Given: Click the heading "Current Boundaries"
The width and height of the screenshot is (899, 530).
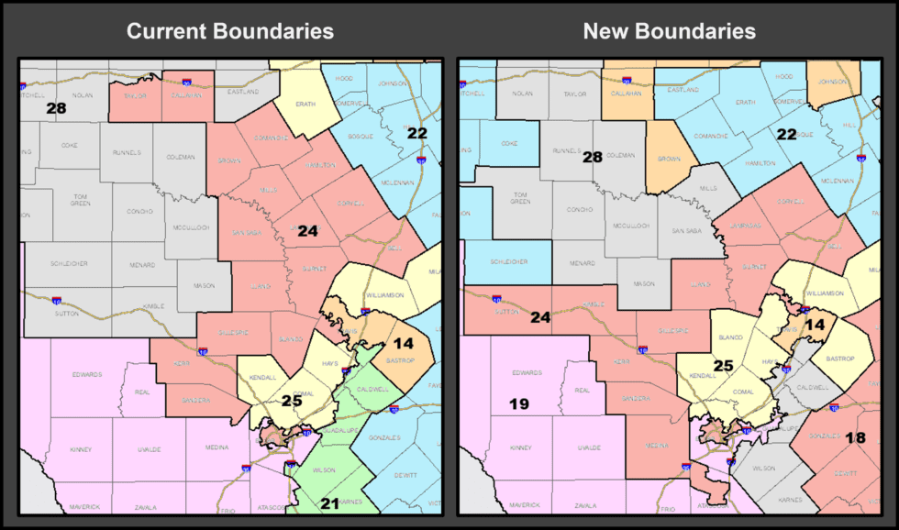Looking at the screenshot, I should [x=229, y=31].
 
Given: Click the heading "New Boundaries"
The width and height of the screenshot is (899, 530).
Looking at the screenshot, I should [x=669, y=31].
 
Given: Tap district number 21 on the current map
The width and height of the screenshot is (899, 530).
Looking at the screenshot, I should [x=330, y=503].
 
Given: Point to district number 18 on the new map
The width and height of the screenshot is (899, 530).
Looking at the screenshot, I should [x=855, y=437].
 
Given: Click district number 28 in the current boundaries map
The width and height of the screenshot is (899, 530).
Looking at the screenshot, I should [x=57, y=108].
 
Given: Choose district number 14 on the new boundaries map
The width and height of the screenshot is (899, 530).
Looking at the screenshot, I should [x=816, y=325].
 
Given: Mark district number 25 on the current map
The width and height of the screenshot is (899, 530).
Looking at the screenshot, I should [x=292, y=401].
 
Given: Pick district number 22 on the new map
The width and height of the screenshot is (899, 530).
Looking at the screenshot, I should [x=786, y=134].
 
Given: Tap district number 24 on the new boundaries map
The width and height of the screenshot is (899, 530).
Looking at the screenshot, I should [x=540, y=317].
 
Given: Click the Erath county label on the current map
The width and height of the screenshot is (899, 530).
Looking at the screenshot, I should [x=305, y=105].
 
